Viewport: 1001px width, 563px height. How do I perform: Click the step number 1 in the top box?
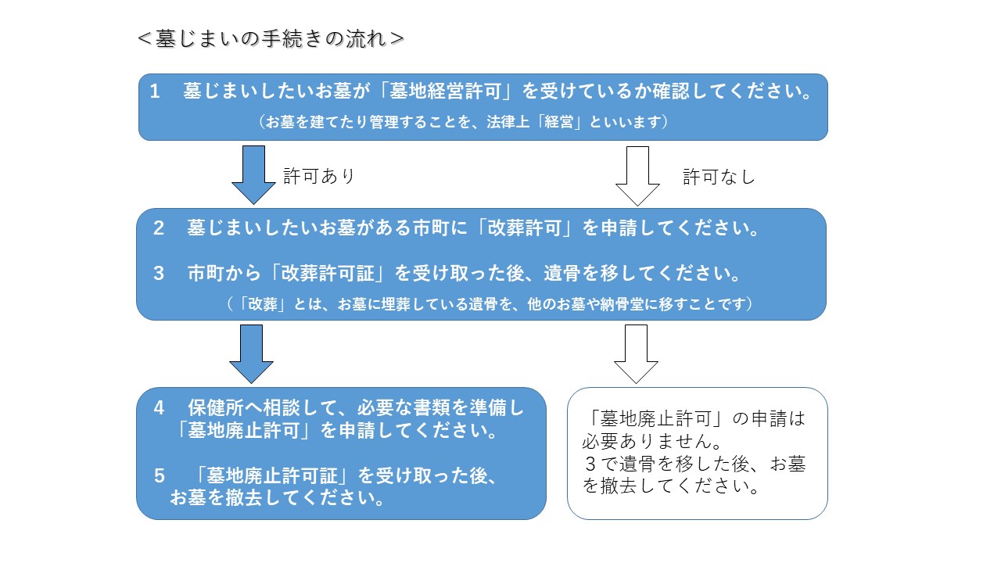point(155,91)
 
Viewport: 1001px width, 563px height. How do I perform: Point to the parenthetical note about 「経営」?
point(464,122)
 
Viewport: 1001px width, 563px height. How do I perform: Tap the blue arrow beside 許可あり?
point(253,174)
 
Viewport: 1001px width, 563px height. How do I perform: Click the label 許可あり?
point(319,177)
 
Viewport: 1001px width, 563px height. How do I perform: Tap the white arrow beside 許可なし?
point(637,174)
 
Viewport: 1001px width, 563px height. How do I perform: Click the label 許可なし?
point(719,178)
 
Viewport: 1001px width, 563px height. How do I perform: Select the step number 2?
point(159,229)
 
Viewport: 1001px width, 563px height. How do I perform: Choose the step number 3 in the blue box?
point(159,274)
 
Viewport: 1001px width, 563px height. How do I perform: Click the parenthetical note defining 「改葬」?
point(489,303)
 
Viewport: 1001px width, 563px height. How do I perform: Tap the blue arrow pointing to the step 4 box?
point(251,353)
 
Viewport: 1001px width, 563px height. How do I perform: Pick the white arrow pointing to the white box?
point(636,353)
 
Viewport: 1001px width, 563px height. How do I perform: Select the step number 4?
point(159,407)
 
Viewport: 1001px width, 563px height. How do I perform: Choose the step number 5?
point(159,475)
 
